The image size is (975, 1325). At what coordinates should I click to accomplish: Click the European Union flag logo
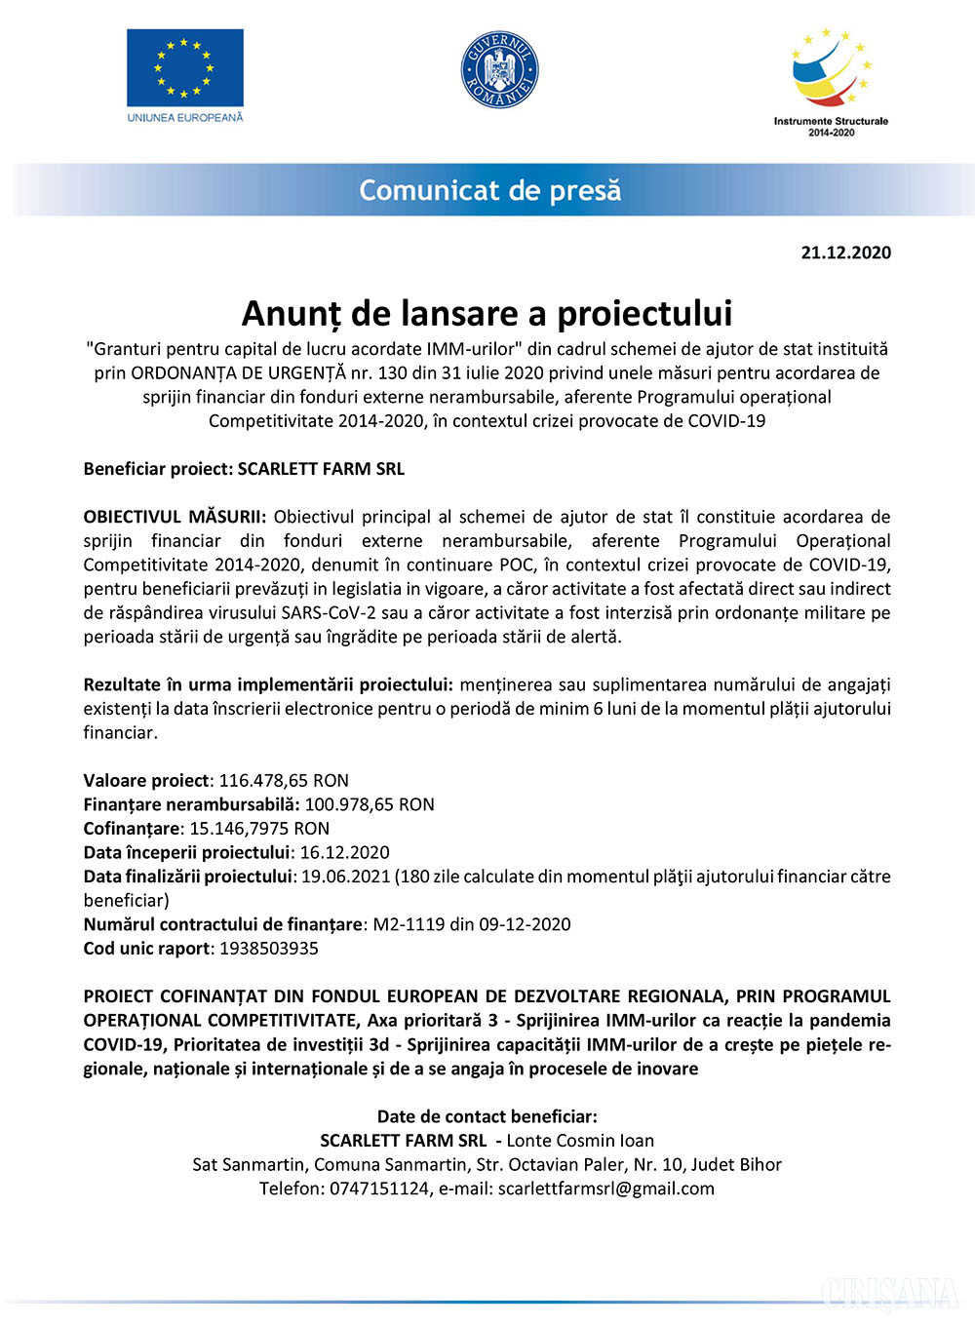(184, 68)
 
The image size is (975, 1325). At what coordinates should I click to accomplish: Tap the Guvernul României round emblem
(499, 69)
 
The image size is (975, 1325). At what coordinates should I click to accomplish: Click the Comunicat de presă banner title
(489, 190)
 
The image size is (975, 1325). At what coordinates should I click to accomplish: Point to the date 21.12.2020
(845, 253)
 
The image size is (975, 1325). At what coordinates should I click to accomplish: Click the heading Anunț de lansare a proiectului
(487, 313)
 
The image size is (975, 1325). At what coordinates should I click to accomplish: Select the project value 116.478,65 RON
(284, 780)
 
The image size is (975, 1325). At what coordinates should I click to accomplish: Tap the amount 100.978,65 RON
(370, 804)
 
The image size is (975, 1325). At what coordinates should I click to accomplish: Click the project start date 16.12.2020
(344, 852)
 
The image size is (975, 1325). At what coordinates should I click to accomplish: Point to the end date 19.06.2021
(345, 877)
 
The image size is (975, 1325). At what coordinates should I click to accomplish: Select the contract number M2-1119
(409, 924)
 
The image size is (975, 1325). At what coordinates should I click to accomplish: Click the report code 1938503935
(269, 949)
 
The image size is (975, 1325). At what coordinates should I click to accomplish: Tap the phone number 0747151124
(379, 1189)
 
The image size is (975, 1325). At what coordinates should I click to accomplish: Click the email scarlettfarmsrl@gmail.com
(605, 1189)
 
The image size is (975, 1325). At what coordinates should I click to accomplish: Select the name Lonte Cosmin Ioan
(580, 1141)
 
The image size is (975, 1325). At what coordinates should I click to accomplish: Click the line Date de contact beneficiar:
(487, 1116)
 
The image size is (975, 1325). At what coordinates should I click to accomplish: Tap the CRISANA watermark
(890, 1294)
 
